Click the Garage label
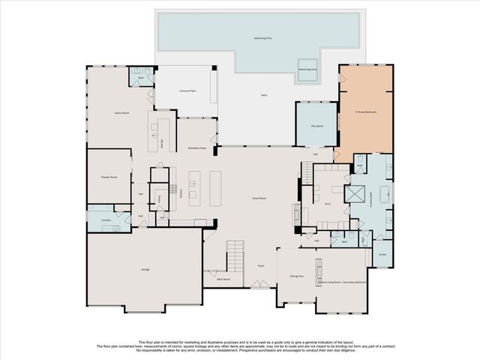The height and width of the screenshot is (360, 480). (x=145, y=268)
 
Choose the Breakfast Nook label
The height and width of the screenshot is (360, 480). (x=197, y=148)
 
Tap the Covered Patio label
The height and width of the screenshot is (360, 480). (x=187, y=91)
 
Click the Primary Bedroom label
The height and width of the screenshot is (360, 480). (x=365, y=112)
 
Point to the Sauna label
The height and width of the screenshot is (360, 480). (x=382, y=255)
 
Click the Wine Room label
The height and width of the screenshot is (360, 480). (x=223, y=279)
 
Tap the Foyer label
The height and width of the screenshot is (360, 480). (x=262, y=265)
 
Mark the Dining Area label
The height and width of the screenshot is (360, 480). (x=296, y=277)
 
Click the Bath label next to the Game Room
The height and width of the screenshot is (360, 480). (x=140, y=78)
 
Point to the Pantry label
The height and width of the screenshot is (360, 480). (x=158, y=198)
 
